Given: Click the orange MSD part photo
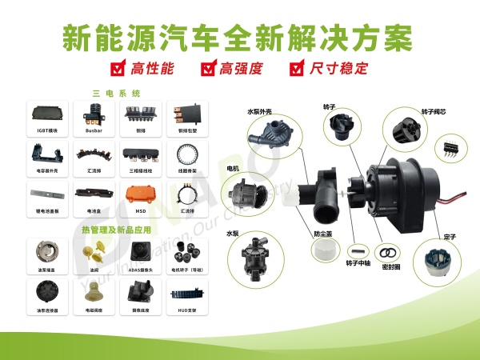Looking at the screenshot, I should pyautogui.click(x=141, y=193).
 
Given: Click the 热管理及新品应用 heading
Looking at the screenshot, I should pyautogui.click(x=115, y=230).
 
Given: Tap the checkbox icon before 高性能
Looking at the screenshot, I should pyautogui.click(x=118, y=68).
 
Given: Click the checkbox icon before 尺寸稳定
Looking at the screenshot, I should pyautogui.click(x=298, y=68).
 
